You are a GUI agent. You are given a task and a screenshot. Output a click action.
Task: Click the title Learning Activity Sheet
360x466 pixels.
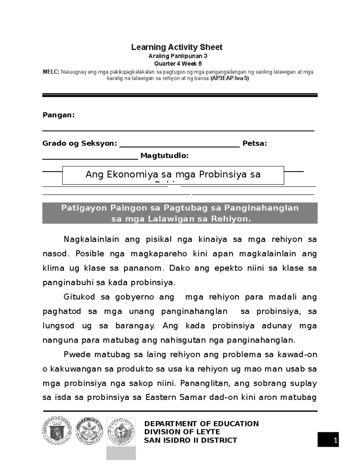176,47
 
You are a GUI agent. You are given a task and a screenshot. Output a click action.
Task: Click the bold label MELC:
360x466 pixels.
51,72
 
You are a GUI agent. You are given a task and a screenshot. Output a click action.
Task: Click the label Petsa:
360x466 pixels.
255,143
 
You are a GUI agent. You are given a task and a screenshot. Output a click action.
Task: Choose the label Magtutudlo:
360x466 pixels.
165,156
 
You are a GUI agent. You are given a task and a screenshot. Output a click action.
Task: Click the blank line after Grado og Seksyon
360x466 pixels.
179,146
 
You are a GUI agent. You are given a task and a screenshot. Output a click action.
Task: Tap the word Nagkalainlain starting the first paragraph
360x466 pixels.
91,239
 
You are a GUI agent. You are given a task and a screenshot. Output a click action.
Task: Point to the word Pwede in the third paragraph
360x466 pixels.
77,355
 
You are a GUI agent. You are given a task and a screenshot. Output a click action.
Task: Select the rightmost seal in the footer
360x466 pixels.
121,431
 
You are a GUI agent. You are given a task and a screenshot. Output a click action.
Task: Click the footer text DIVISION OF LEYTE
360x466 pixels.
182,432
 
